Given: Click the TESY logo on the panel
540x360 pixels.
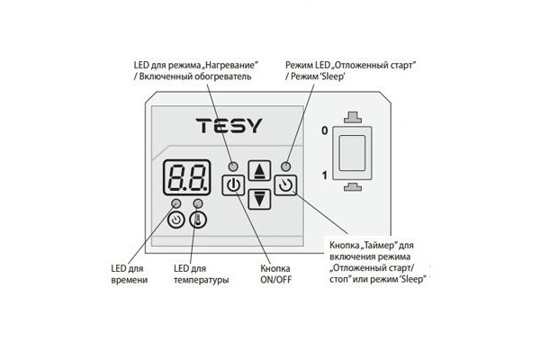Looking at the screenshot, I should point(229,125).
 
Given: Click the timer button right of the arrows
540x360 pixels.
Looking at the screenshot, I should point(285,188).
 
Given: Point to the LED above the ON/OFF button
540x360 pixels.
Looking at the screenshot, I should point(233,166).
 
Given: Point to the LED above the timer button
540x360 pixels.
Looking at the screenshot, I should point(285,166).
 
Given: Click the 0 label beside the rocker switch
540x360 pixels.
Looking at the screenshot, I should point(324,131).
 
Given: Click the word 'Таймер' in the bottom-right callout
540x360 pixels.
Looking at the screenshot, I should point(382,245).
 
